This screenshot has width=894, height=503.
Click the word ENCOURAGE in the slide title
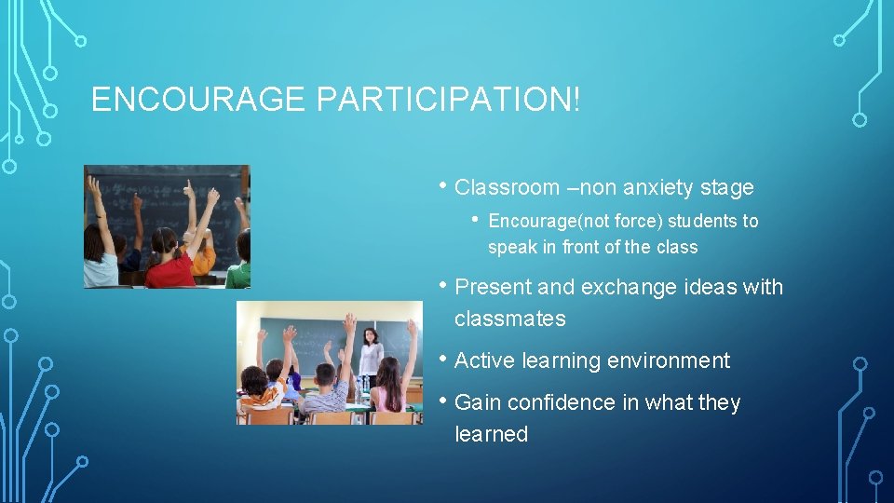pos(198,100)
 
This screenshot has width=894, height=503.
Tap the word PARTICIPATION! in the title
pos(448,100)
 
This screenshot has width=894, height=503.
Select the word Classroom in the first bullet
pos(507,187)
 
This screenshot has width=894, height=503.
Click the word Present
pos(492,287)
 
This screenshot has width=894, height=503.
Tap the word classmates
pos(509,319)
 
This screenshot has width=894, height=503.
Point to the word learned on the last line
pos(491,434)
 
